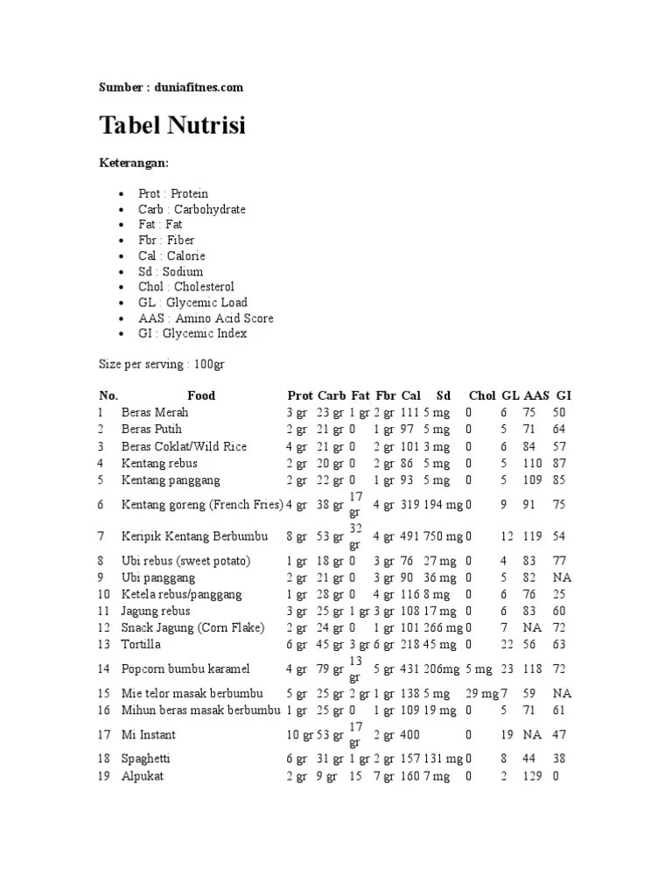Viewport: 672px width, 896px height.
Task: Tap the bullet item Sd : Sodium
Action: [170, 271]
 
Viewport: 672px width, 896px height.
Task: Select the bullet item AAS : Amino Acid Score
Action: [206, 318]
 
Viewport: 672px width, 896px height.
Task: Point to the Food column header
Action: [201, 395]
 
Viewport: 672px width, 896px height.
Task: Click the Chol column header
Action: [482, 395]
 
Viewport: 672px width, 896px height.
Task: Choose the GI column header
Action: [563, 395]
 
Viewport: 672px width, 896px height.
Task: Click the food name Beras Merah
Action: [155, 412]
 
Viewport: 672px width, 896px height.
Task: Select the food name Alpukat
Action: [143, 776]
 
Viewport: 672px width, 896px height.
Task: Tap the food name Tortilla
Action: [141, 644]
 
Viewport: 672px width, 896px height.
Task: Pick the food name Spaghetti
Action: [147, 759]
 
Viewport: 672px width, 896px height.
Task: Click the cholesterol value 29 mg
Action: [481, 694]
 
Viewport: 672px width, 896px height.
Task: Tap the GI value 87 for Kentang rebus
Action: [559, 463]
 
